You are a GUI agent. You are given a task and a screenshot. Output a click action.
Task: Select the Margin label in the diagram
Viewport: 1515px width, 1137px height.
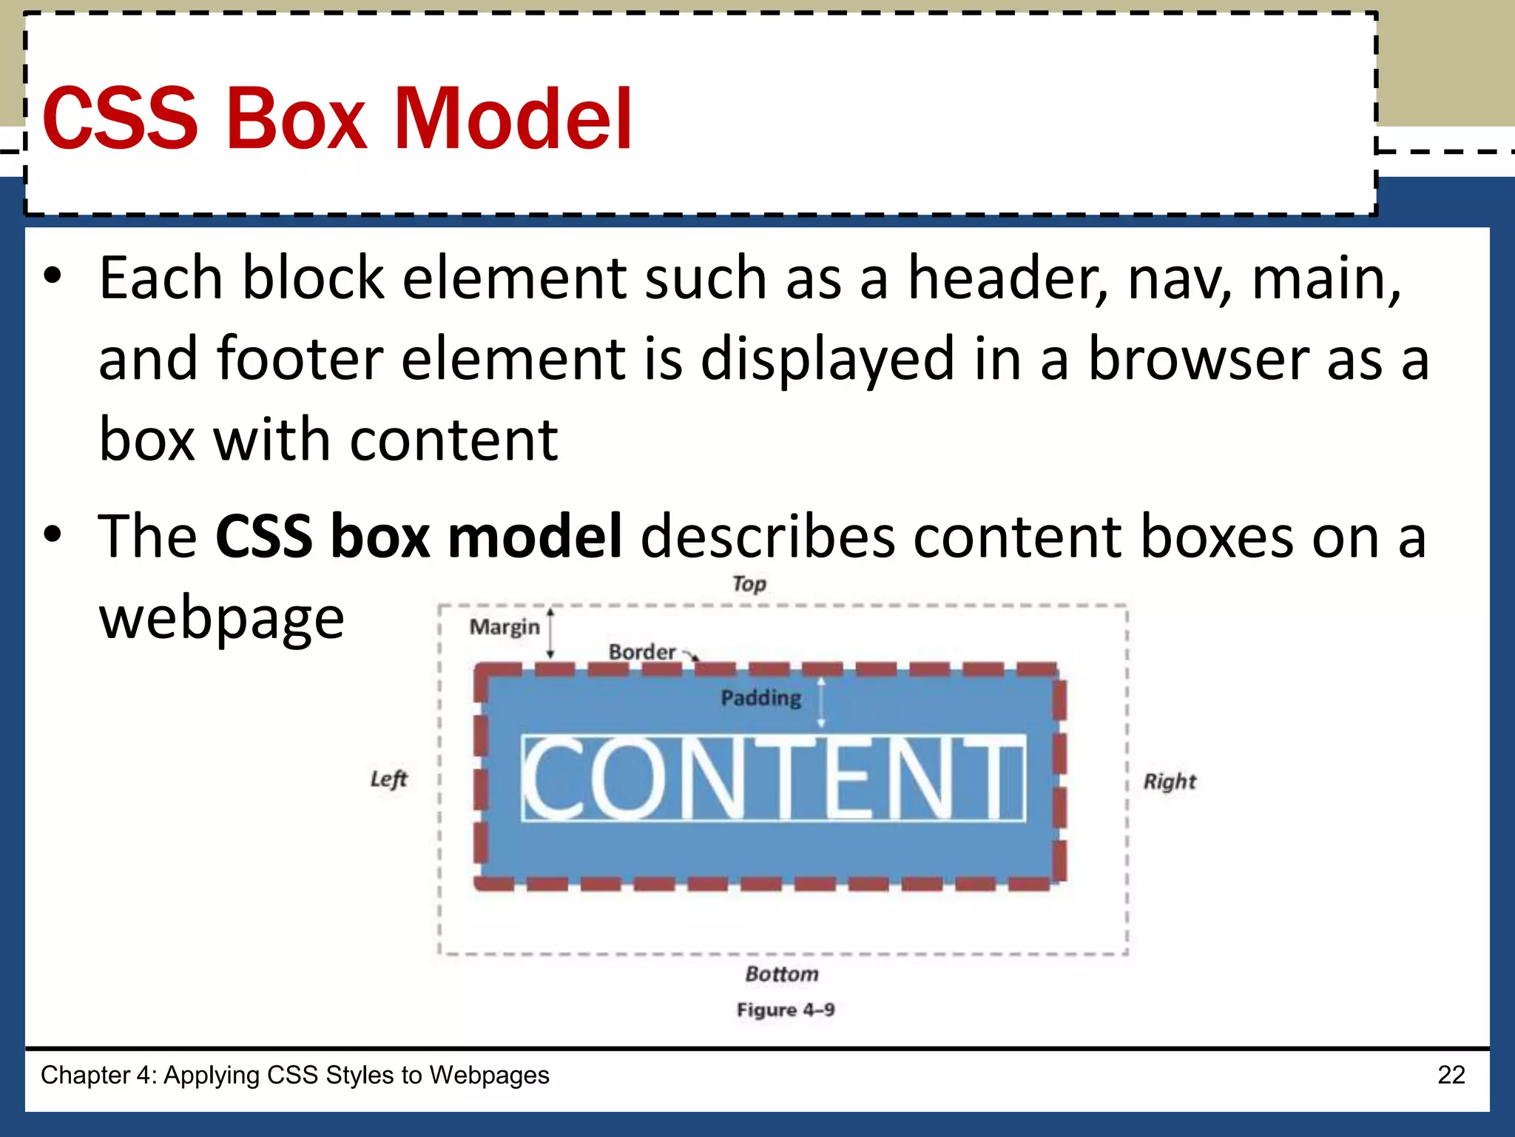[x=505, y=628]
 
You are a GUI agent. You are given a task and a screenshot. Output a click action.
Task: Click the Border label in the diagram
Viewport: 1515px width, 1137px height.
[x=642, y=652]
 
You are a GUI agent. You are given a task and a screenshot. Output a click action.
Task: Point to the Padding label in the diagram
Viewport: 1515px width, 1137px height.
[x=761, y=698]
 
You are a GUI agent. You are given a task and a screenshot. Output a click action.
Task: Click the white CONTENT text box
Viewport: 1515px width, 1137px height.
[x=773, y=779]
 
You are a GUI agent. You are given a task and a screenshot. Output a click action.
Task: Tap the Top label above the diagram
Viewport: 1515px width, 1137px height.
[x=749, y=584]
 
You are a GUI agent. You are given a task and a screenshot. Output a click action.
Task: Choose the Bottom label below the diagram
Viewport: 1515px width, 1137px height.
[x=782, y=974]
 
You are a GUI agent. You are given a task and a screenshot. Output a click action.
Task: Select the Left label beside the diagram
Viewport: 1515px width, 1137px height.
[x=389, y=779]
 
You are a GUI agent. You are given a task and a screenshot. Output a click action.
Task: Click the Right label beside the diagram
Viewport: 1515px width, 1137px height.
[x=1170, y=782]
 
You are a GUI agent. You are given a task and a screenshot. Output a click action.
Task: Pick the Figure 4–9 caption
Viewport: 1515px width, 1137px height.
[x=786, y=1010]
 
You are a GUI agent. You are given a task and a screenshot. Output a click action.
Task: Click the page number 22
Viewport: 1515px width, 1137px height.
[x=1451, y=1075]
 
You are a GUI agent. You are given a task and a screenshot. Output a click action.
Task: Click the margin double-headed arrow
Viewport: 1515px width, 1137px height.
[x=550, y=633]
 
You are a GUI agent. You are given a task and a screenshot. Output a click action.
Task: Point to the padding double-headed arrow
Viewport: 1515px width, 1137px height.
[x=820, y=701]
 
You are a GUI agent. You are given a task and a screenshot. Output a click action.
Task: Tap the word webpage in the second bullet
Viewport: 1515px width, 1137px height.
[x=222, y=618]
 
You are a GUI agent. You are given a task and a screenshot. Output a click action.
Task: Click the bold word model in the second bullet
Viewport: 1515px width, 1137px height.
[x=535, y=536]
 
